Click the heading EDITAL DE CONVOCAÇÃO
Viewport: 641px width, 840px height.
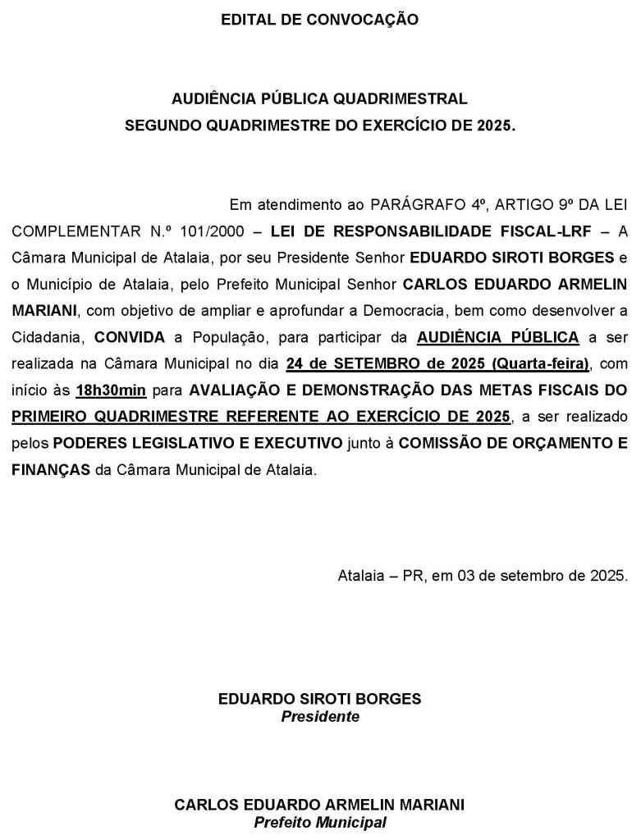(319, 19)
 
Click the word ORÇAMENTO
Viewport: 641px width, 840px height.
(565, 444)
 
